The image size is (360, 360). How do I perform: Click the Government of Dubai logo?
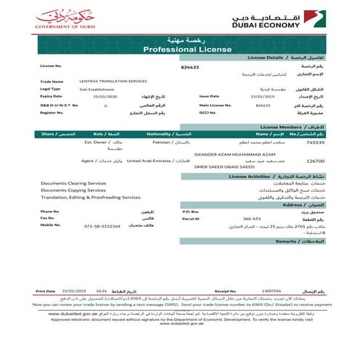tap(64, 18)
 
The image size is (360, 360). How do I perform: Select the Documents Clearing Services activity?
tap(73, 183)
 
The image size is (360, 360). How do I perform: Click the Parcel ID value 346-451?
tap(252, 217)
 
